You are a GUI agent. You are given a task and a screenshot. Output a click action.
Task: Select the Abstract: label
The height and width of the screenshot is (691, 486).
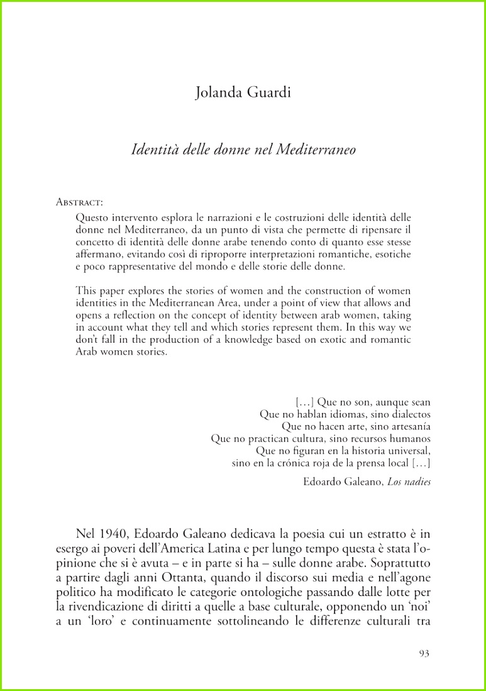(79, 202)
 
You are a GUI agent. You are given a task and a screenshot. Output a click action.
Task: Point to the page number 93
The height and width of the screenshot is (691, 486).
(424, 654)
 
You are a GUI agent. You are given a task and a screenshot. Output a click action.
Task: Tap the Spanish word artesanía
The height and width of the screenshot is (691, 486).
(406, 426)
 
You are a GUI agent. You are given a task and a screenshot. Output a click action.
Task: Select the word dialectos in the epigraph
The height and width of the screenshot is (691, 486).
(408, 414)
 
